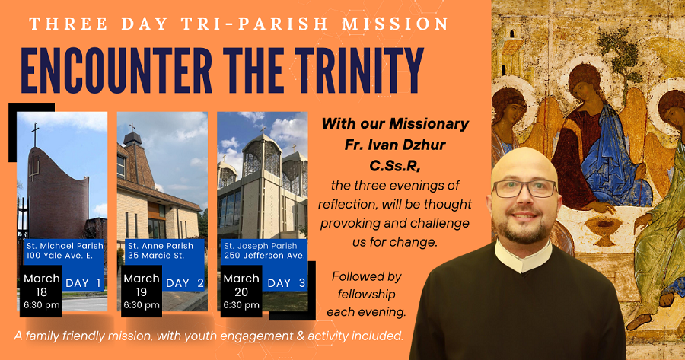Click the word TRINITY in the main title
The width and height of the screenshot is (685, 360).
[x=358, y=71]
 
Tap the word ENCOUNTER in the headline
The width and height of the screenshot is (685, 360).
[x=116, y=71]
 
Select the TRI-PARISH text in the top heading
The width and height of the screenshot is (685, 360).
[x=254, y=24]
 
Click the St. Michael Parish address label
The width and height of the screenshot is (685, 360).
[x=65, y=250]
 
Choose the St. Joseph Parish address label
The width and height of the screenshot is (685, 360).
[x=264, y=250]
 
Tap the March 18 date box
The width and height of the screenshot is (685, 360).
[x=41, y=291]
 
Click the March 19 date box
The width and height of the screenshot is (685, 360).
[x=141, y=291]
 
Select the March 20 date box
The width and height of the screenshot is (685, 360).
[x=241, y=291]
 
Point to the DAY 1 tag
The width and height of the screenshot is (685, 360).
[x=83, y=283]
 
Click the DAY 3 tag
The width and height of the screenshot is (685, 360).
[x=285, y=283]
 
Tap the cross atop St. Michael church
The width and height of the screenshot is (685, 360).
[x=35, y=134]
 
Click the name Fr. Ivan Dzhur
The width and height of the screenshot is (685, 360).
[x=395, y=145]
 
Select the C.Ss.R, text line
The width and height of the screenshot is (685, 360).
[x=395, y=166]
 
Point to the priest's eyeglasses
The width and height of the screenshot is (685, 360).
[x=524, y=188]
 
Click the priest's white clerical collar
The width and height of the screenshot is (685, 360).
[x=524, y=256]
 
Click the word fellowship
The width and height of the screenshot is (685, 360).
[x=366, y=294]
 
